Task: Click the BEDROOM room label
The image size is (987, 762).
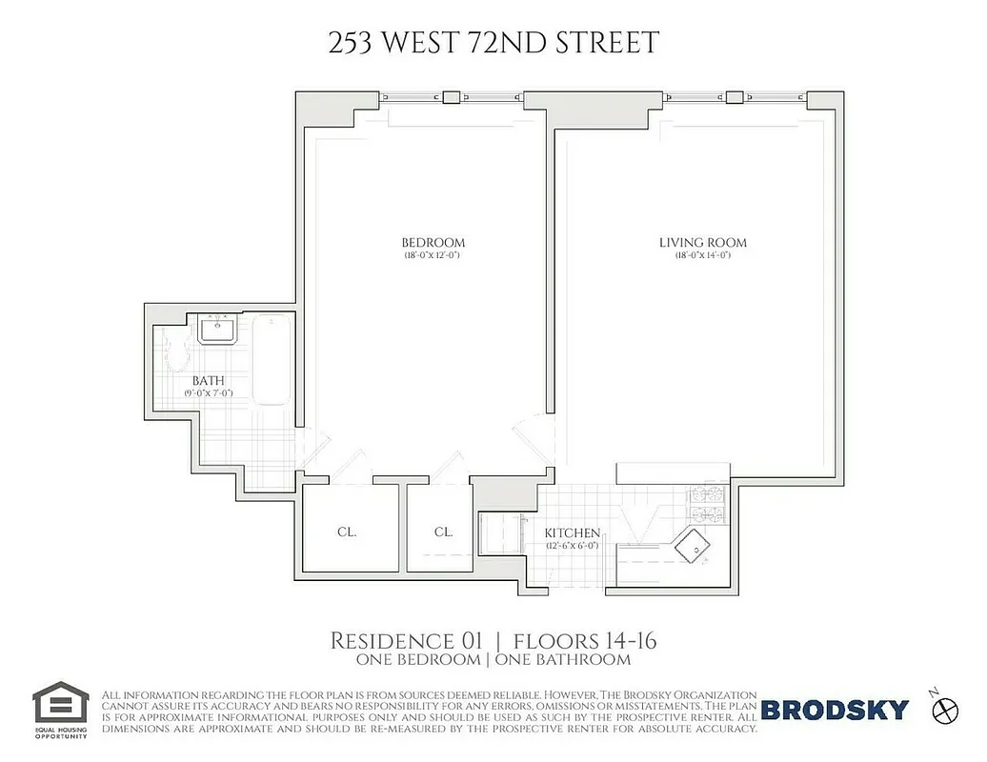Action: click(433, 243)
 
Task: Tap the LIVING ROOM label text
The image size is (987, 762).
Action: click(703, 243)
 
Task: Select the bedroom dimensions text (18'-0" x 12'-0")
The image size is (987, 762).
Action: click(433, 255)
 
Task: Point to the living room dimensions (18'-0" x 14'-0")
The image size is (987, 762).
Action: click(703, 255)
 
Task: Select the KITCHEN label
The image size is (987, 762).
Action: click(572, 533)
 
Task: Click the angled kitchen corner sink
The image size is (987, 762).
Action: click(693, 549)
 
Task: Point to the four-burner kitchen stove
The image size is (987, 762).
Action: click(706, 506)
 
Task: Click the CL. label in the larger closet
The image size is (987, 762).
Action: click(347, 532)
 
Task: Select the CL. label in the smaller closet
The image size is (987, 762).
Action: click(443, 532)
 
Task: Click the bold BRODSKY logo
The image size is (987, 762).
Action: click(835, 710)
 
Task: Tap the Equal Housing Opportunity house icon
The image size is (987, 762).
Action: click(61, 703)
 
